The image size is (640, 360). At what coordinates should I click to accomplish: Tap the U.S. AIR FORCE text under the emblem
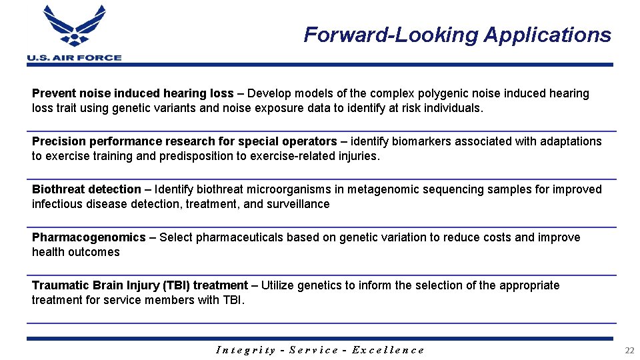pos(74,58)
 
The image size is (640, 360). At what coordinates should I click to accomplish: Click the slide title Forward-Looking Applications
pos(457,35)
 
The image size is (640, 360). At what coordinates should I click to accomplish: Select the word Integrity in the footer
pos(246,350)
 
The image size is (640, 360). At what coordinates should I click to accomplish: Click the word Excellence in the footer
pos(387,350)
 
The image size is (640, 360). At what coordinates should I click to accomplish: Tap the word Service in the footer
pos(313,350)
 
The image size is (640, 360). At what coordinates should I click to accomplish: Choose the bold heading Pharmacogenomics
pos(89,237)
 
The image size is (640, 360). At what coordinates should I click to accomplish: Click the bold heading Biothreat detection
pos(87,189)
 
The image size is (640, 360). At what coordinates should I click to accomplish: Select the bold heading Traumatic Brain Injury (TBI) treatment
pos(140,285)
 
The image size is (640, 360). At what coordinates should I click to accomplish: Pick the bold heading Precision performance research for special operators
pos(185,141)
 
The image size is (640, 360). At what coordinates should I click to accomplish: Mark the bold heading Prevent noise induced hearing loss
pos(133,93)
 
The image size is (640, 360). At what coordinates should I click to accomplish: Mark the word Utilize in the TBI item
pos(277,285)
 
